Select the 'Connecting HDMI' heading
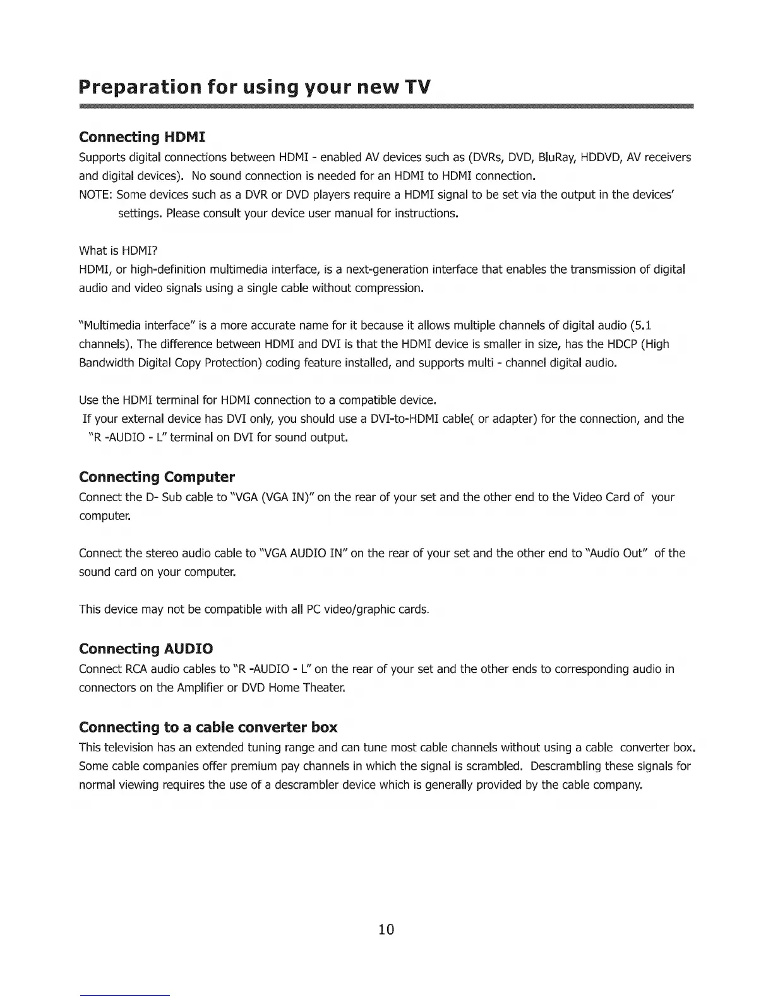coord(143,137)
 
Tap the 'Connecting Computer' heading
coord(157,476)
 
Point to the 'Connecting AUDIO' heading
coord(146,649)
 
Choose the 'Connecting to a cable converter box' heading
coord(208,727)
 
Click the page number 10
coord(386,929)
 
